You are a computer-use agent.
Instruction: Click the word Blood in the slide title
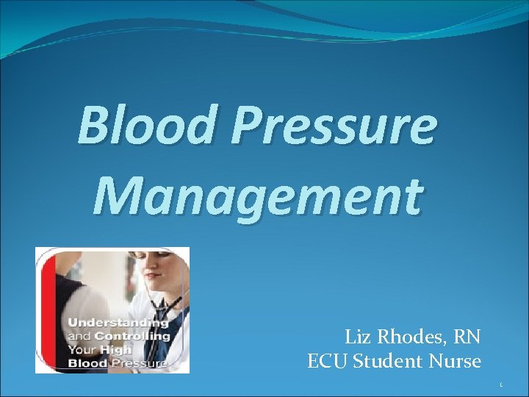[x=148, y=125]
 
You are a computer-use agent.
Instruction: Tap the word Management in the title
[x=258, y=196]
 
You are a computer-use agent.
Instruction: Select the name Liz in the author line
[x=359, y=337]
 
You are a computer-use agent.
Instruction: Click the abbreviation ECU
[x=328, y=362]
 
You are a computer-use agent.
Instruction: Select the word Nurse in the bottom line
[x=458, y=362]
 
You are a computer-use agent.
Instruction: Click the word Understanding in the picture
[x=118, y=323]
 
